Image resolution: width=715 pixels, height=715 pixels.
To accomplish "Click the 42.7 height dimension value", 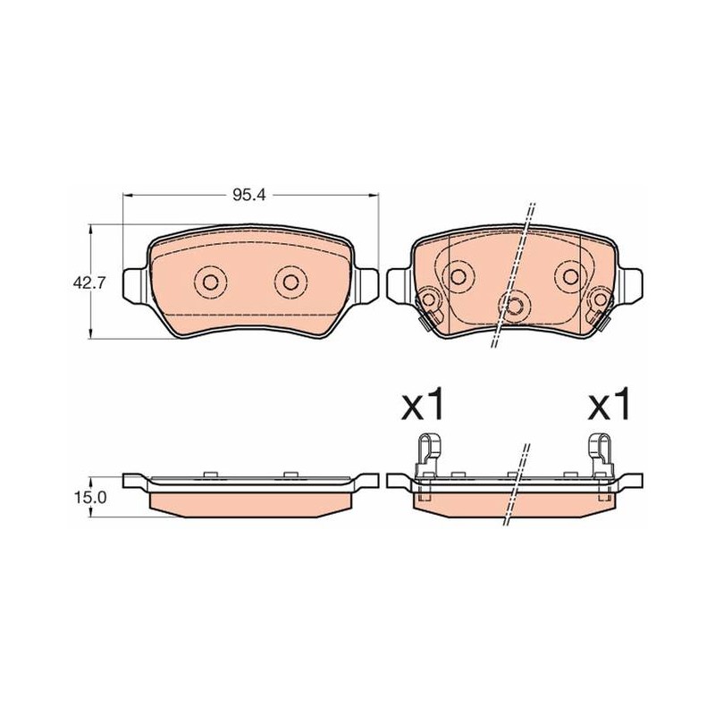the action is [x=88, y=282].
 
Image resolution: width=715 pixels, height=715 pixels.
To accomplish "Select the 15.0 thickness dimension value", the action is [x=89, y=497].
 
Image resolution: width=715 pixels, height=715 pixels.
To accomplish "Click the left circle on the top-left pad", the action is [x=210, y=282].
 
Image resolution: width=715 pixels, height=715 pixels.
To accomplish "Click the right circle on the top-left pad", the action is [x=290, y=282].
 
